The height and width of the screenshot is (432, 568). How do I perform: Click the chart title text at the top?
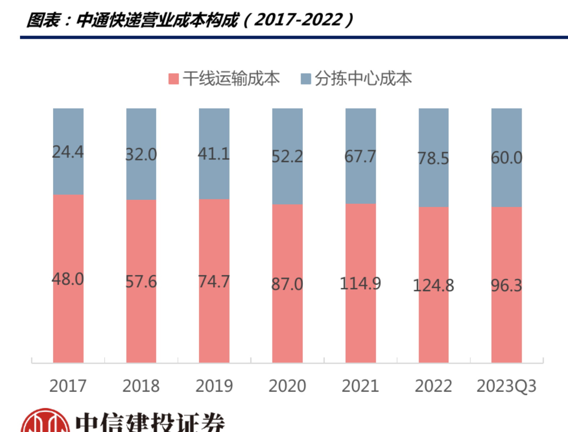[x=189, y=20]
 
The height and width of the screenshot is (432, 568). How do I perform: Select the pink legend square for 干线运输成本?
[x=174, y=79]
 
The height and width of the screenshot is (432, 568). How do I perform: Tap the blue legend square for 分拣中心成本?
[x=306, y=79]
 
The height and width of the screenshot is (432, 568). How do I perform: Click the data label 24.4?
[x=68, y=152]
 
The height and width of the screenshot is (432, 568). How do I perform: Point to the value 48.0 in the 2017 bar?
[x=68, y=279]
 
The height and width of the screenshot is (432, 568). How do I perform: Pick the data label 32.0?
[x=141, y=155]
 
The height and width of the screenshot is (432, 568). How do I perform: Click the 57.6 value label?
[x=141, y=281]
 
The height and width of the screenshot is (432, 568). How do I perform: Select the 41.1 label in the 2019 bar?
[x=214, y=154]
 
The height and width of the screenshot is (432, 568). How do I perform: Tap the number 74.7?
[x=214, y=281]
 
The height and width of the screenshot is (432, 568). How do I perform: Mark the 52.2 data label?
[x=287, y=156]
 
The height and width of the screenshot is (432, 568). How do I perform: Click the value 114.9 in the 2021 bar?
[x=360, y=284]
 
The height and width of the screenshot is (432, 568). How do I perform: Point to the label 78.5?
[x=433, y=158]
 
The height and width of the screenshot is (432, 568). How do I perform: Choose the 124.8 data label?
[x=433, y=286]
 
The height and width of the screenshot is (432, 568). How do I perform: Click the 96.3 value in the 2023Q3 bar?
[x=506, y=286]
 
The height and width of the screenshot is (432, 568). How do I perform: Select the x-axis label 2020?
[x=287, y=386]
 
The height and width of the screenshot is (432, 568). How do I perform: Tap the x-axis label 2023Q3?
[x=506, y=386]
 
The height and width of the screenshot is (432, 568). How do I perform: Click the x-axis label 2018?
[x=141, y=386]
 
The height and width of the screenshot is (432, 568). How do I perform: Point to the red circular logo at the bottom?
[x=45, y=422]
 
